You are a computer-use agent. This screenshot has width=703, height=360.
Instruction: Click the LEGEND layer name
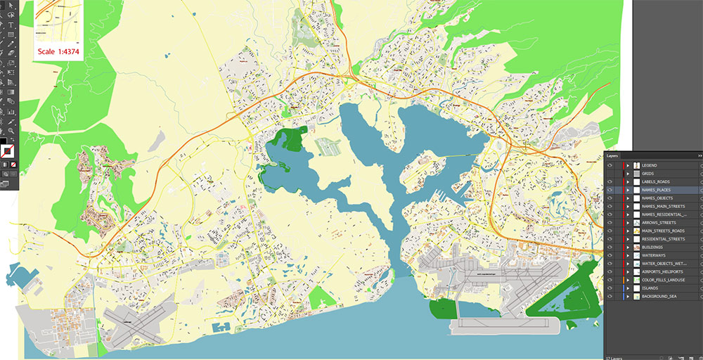point(649,165)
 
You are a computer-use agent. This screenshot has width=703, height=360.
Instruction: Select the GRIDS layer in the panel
point(647,174)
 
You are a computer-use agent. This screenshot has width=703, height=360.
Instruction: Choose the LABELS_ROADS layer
point(655,181)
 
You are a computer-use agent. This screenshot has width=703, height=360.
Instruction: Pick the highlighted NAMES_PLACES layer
point(656,190)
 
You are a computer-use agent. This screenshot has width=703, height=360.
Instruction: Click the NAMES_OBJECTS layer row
point(657,198)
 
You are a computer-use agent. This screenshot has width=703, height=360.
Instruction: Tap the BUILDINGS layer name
point(652,247)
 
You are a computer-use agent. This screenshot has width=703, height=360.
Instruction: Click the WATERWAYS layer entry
point(654,255)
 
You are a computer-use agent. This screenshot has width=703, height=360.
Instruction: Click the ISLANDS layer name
point(650,288)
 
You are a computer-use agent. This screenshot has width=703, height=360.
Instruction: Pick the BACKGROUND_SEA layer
point(659,296)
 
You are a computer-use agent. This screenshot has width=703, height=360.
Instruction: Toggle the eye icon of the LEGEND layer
point(610,165)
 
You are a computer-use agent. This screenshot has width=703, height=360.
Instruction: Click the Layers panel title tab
point(612,155)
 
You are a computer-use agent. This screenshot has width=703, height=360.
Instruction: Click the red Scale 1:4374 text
point(60,51)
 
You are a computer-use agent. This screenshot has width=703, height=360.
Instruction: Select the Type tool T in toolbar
point(11,25)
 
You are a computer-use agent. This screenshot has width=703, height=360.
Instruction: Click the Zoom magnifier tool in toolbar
point(11,130)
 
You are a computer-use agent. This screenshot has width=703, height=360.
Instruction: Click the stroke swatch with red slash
point(7,150)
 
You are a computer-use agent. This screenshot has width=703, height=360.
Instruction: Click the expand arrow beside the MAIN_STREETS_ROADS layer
point(627,231)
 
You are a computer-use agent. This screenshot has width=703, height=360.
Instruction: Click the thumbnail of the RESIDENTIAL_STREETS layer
point(636,239)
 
